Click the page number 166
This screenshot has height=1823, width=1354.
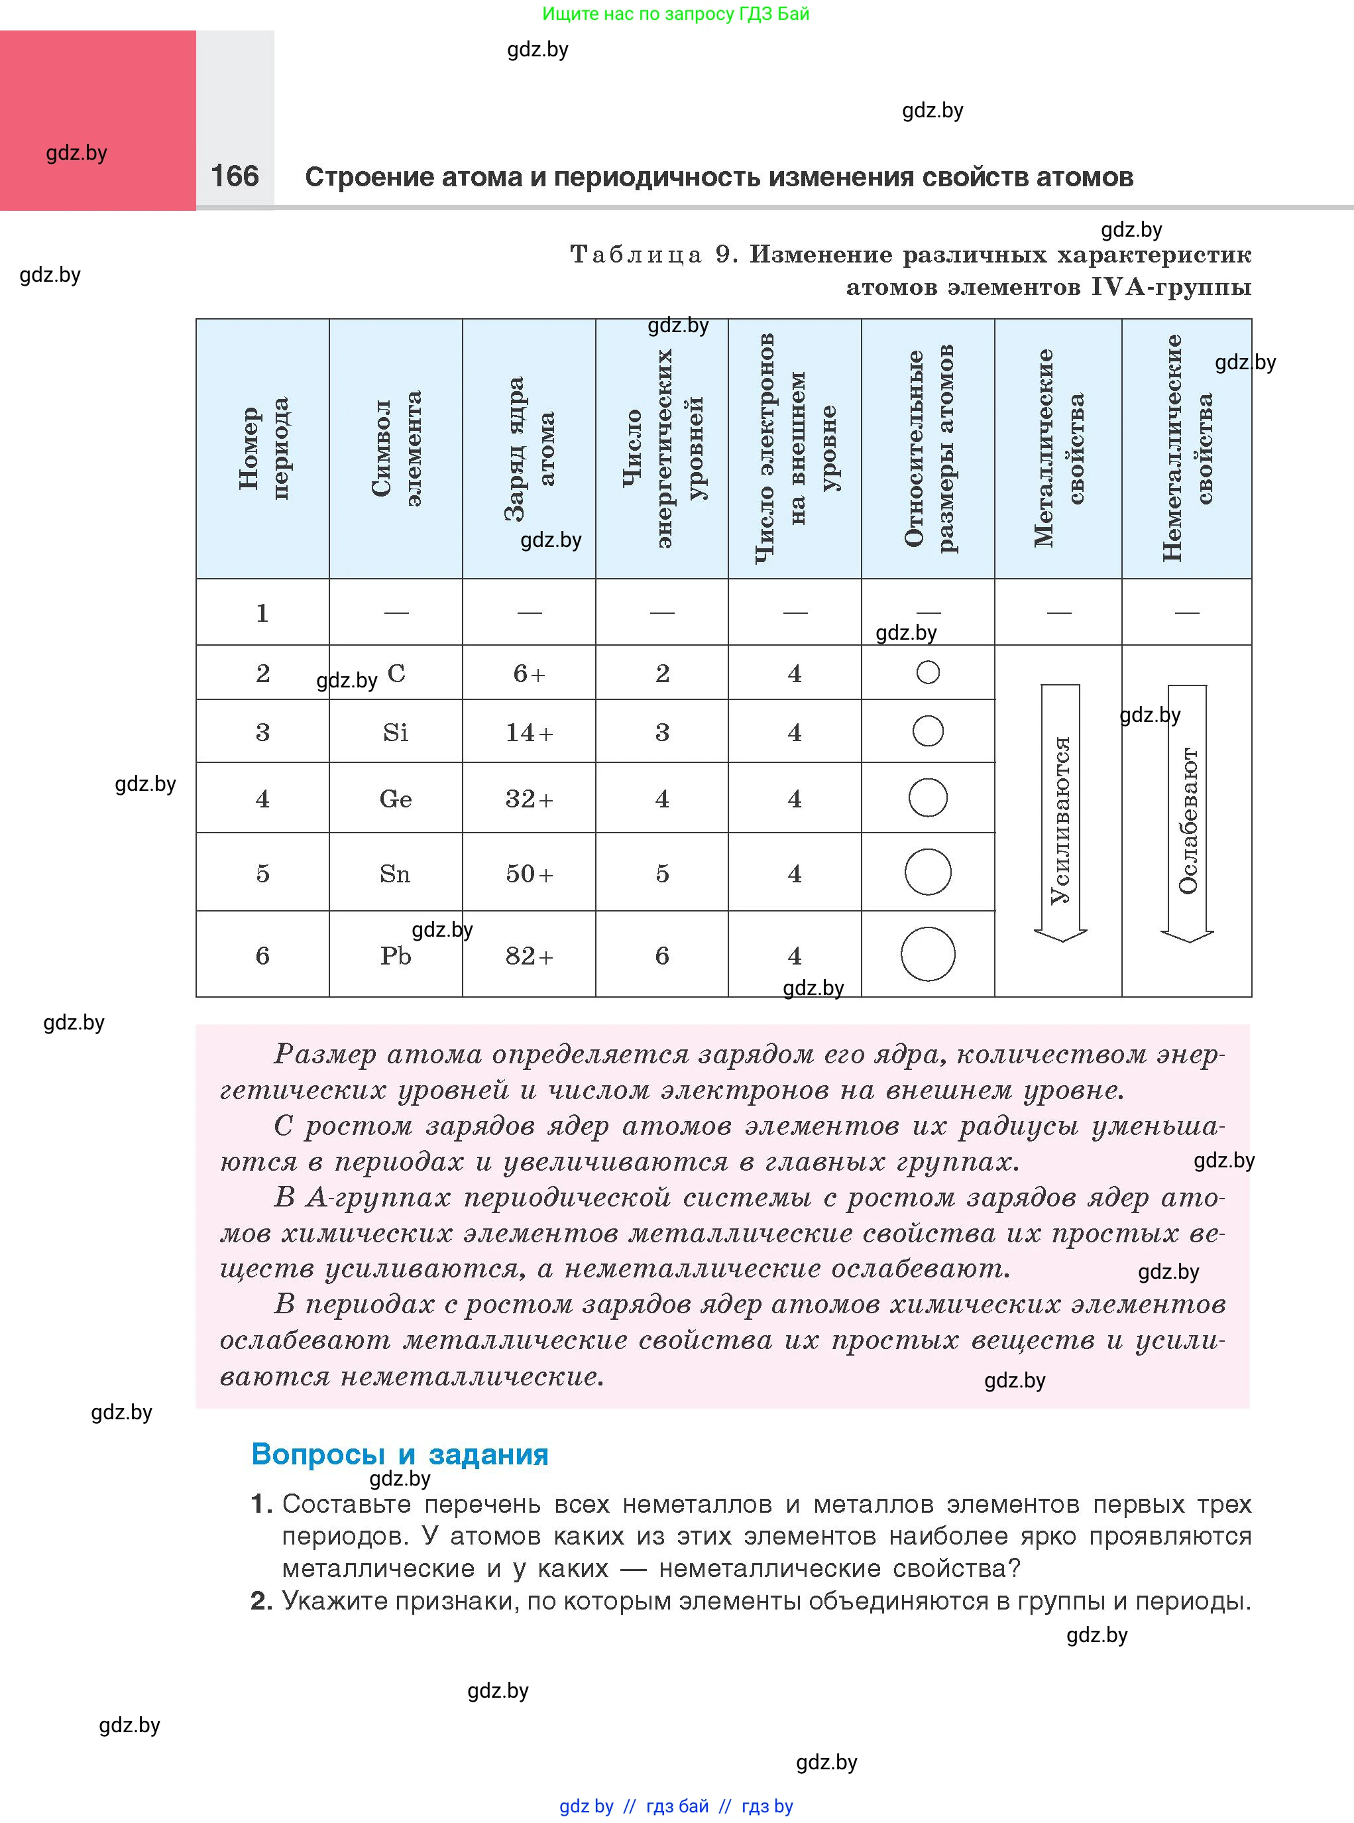click(x=235, y=176)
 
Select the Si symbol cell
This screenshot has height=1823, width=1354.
click(x=395, y=732)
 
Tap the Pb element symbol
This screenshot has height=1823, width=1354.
click(x=395, y=956)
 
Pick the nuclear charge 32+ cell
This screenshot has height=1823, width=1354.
click(x=530, y=798)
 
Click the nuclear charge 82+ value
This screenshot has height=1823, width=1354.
click(x=530, y=956)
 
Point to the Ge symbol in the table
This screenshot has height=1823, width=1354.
click(x=395, y=798)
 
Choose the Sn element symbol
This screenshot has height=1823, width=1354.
click(x=395, y=874)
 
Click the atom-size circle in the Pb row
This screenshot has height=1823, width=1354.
click(x=928, y=954)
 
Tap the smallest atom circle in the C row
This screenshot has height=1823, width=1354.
click(x=928, y=673)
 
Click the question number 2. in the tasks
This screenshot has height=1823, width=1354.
click(x=260, y=1600)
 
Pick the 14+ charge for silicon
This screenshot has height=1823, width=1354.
click(x=530, y=732)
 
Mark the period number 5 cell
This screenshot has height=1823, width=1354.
click(x=262, y=874)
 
